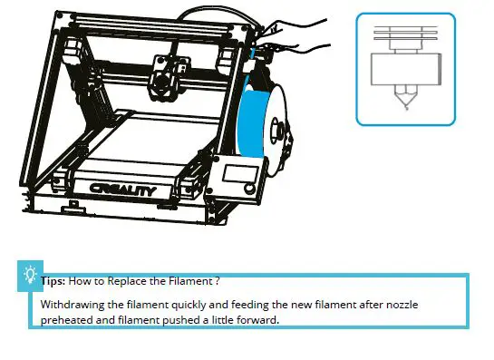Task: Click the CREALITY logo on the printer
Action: [x=123, y=190]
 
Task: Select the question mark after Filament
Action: [x=218, y=281]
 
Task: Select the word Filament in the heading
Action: [x=193, y=281]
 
